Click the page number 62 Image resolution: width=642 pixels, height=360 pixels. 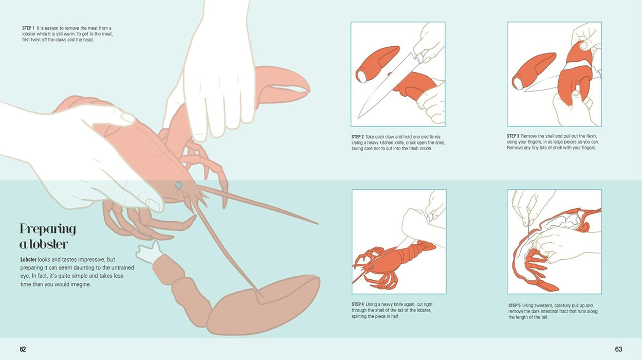pos(23,349)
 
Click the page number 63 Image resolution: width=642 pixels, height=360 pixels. pos(618,349)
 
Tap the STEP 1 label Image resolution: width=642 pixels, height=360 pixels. pos(28,27)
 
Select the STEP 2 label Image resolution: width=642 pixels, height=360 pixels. pos(358,136)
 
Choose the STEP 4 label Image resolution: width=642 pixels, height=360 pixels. pos(358,304)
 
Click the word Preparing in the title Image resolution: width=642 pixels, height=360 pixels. pos(48,228)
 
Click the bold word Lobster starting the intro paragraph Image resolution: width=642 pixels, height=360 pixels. pos(28,260)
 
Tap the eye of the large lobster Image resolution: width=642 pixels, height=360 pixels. pos(178,185)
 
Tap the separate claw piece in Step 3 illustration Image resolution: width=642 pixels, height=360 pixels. pos(533,70)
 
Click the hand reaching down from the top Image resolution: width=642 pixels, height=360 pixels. pos(221,77)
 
